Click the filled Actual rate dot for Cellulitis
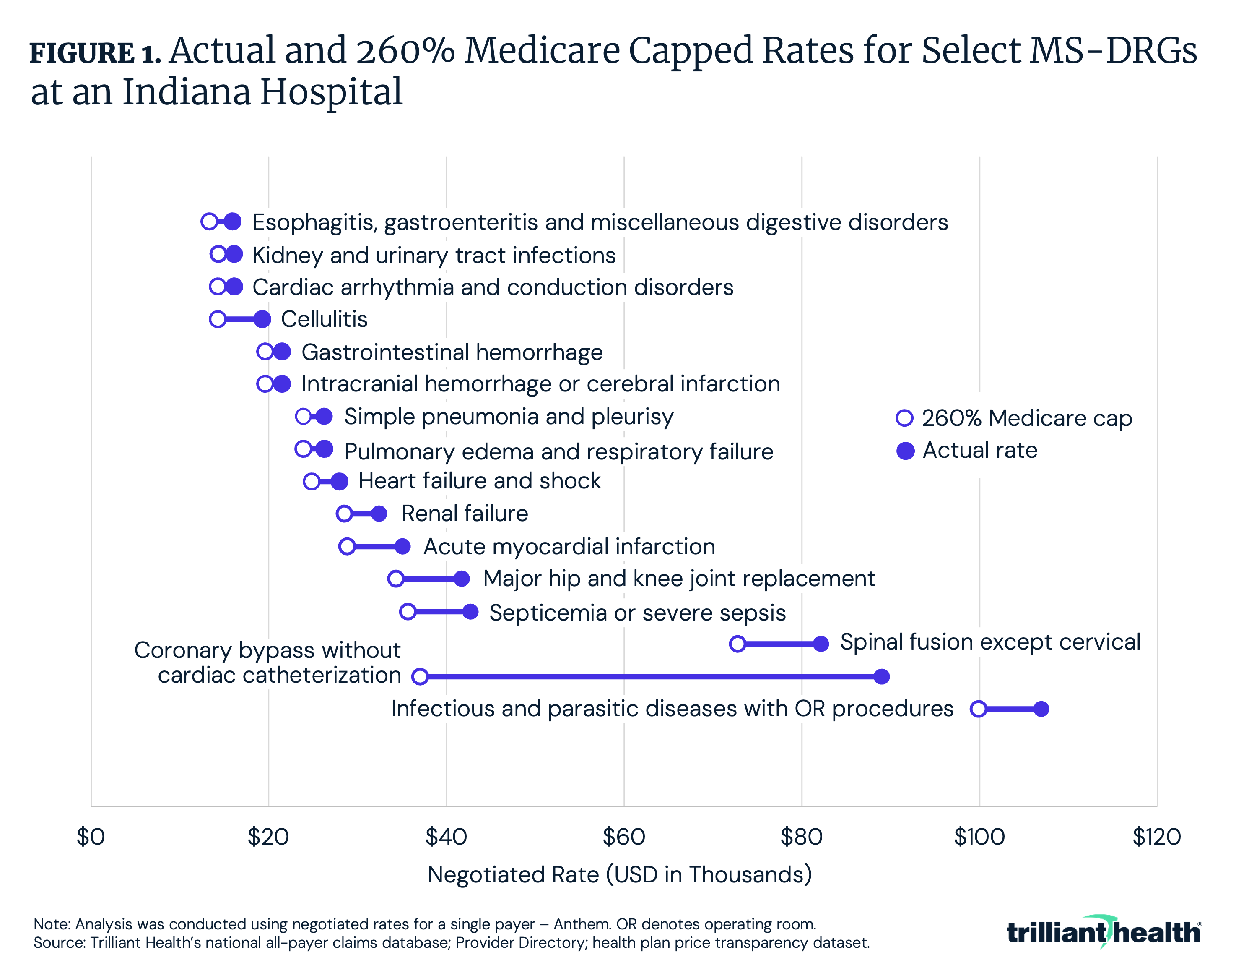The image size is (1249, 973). [x=262, y=319]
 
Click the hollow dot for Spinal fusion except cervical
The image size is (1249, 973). [x=738, y=644]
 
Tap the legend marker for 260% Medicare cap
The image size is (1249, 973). [x=904, y=418]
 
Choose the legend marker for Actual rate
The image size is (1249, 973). [x=905, y=451]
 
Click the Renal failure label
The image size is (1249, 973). [x=465, y=514]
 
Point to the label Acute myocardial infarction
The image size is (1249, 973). [x=569, y=547]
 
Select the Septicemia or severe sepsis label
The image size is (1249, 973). [x=637, y=613]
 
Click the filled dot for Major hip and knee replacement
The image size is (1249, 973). [x=462, y=579]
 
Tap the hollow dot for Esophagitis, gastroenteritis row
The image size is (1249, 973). [x=209, y=222]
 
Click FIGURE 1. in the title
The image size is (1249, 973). [x=95, y=53]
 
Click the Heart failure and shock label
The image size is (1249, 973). [x=479, y=481]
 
